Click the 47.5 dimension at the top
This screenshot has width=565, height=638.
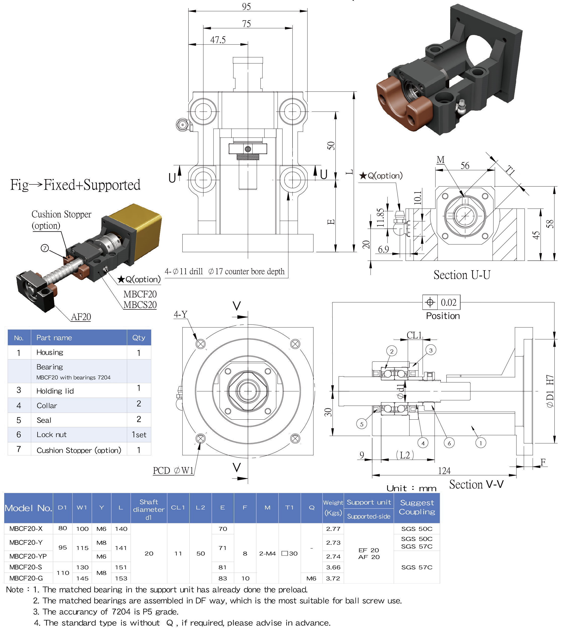tap(218, 40)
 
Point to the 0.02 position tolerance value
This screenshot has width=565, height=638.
tap(448, 302)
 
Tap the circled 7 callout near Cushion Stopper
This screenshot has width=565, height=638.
tap(45, 248)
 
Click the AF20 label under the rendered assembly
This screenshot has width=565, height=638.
tap(81, 317)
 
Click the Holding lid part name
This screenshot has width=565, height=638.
tap(55, 391)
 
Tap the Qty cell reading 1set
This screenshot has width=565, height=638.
tap(139, 435)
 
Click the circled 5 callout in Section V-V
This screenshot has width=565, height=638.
tap(361, 424)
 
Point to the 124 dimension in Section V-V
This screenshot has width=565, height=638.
tap(444, 471)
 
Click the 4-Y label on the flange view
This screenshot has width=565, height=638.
tap(181, 314)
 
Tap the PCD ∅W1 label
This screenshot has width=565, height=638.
tap(173, 470)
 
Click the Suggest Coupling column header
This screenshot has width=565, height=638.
tap(417, 507)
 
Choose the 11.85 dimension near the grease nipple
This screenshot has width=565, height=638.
tap(380, 218)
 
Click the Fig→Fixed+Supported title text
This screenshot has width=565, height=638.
tap(75, 185)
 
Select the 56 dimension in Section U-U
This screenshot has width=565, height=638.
tap(465, 166)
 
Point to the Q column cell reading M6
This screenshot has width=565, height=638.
tap(311, 578)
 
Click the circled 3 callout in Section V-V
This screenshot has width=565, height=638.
tap(431, 350)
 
